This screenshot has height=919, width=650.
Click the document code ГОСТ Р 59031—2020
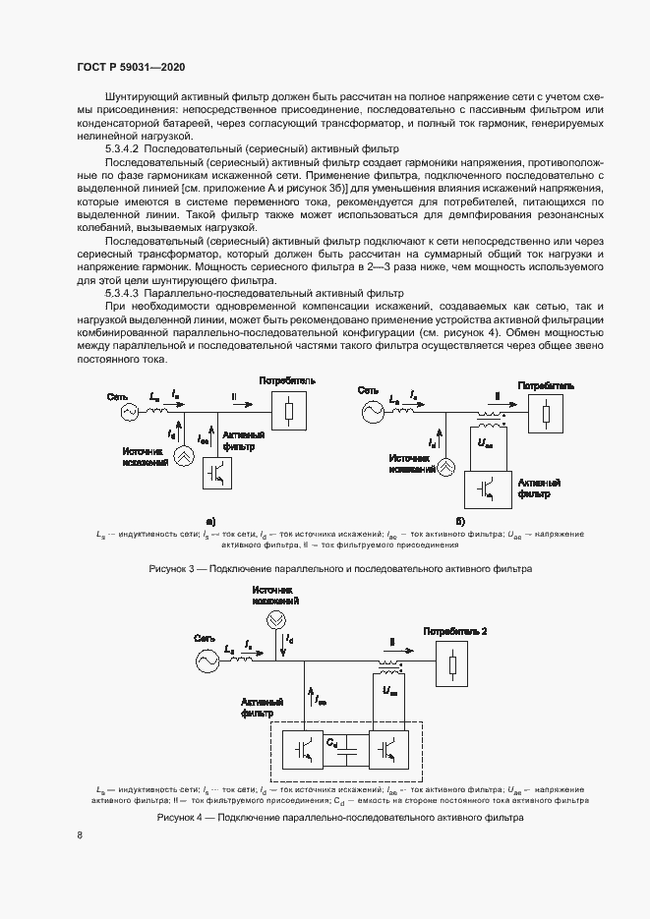131,67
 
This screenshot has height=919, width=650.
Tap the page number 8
80,835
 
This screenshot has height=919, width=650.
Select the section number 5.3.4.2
127,147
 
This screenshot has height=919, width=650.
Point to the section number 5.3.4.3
127,293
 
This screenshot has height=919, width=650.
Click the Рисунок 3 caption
339,569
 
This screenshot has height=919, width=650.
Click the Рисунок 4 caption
339,818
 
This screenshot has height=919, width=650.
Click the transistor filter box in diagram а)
218,473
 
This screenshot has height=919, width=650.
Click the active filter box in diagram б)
483,487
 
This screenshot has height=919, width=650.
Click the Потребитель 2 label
454,630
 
